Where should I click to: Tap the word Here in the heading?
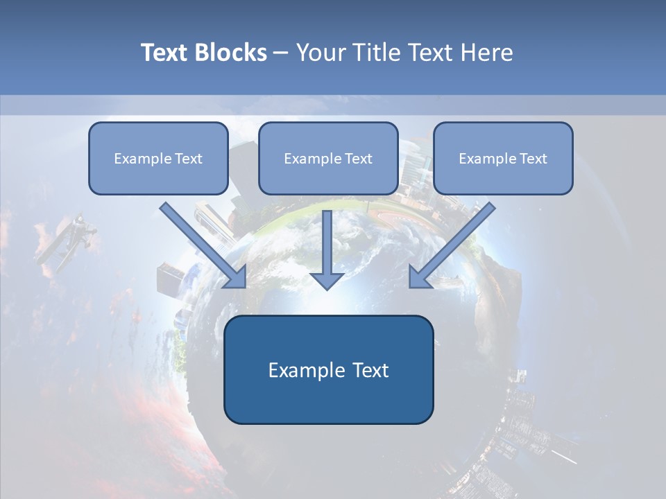pos(488,53)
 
